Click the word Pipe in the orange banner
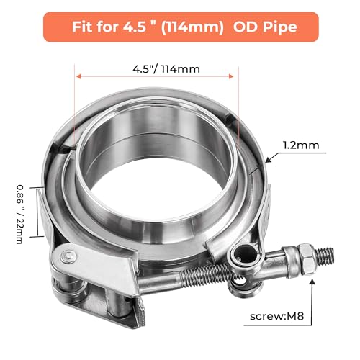(x=280, y=27)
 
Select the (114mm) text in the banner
(x=192, y=27)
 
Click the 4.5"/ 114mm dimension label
(x=166, y=69)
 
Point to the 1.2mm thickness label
(x=301, y=145)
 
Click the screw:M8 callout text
(x=276, y=316)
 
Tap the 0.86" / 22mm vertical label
(x=20, y=214)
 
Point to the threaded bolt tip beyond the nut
(x=325, y=256)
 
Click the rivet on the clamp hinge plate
(x=69, y=256)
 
